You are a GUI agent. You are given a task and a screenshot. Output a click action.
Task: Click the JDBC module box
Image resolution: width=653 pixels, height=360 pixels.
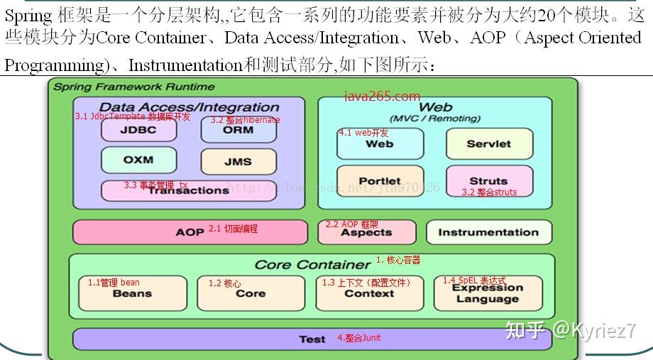138,130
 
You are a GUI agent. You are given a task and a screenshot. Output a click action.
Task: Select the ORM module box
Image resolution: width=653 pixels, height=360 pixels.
238,130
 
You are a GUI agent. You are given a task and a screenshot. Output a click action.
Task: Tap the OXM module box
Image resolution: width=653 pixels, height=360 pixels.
138,160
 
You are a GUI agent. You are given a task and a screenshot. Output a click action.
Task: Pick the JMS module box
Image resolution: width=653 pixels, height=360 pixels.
238,161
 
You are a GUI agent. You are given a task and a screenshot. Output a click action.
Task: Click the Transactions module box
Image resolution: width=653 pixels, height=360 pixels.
188,190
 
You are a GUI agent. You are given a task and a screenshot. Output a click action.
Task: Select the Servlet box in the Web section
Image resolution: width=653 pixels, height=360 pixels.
488,143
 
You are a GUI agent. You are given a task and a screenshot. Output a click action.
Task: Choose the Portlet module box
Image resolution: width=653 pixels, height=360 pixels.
380,181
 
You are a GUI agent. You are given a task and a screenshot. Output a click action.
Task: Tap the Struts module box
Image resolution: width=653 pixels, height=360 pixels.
488,181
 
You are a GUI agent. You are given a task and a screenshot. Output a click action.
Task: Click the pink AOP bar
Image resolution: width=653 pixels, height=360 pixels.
190,232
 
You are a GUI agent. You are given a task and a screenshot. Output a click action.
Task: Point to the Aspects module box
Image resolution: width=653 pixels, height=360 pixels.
366,232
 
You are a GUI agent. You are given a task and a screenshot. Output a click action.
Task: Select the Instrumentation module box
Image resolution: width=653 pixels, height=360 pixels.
488,232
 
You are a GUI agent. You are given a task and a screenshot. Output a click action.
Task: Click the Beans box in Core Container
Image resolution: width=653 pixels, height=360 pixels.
132,293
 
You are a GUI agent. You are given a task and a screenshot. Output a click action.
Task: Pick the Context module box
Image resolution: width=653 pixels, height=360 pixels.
369,293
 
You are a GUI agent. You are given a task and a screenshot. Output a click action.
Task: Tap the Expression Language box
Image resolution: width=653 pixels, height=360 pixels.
488,293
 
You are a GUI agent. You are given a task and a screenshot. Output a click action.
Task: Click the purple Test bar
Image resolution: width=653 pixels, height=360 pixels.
312,339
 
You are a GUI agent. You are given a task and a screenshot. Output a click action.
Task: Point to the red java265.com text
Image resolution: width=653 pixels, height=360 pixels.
383,97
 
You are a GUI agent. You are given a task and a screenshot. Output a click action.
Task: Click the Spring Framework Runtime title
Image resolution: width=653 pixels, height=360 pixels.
134,87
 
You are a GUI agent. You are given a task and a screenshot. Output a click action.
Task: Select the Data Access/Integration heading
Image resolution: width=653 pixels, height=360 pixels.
189,107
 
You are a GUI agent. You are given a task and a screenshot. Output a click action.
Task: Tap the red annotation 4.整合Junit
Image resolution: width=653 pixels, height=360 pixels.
359,338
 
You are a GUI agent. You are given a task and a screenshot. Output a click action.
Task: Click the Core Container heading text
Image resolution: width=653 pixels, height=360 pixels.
312,264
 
